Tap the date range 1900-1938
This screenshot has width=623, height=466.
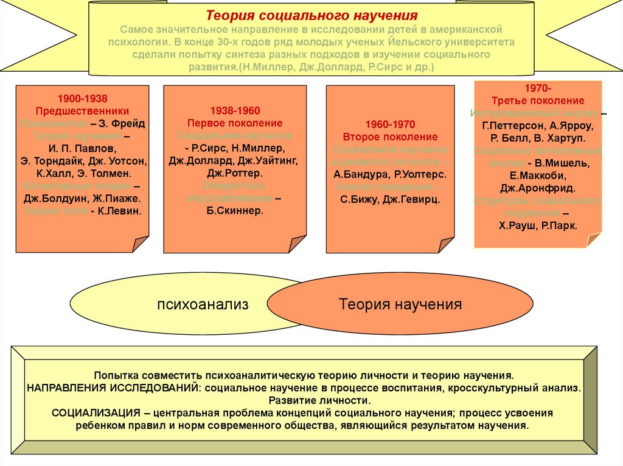click(x=82, y=98)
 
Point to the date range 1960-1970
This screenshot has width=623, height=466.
click(x=390, y=124)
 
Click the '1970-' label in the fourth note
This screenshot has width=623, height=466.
click(x=537, y=88)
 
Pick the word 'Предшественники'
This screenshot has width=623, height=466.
click(x=82, y=111)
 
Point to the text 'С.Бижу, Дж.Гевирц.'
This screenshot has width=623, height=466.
click(x=389, y=199)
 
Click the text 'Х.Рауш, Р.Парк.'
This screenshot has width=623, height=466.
click(x=537, y=224)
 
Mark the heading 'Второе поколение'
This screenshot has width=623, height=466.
click(x=390, y=137)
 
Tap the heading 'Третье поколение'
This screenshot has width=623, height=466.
click(x=537, y=101)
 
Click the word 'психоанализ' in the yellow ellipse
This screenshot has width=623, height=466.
click(x=203, y=304)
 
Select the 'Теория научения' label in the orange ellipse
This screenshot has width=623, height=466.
click(x=400, y=304)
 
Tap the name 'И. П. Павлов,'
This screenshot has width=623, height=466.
click(x=82, y=148)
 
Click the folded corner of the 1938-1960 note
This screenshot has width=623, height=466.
click(x=296, y=244)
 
